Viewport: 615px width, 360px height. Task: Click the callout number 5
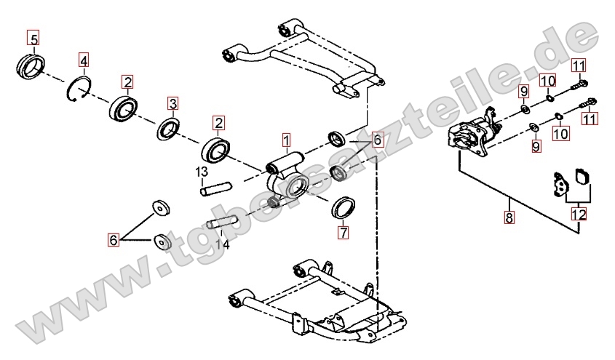click(x=34, y=36)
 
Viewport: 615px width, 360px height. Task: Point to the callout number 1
click(x=287, y=139)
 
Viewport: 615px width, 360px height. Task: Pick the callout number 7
click(x=343, y=233)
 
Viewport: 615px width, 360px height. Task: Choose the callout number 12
click(x=579, y=215)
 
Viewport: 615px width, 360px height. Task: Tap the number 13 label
click(x=202, y=172)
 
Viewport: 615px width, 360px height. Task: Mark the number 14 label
click(x=223, y=245)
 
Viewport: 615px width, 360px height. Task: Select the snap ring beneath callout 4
click(x=79, y=89)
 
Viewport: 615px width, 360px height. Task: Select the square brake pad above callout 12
click(x=581, y=177)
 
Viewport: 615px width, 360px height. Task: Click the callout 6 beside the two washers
click(x=114, y=239)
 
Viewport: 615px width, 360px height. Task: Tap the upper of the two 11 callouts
click(x=578, y=65)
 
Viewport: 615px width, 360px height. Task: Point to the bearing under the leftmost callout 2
click(x=125, y=108)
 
